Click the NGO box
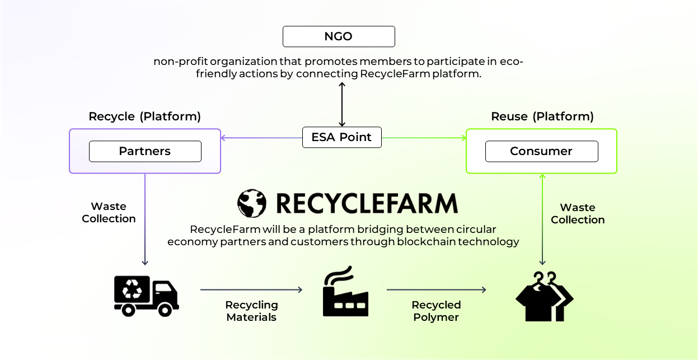[339, 36]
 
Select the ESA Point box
[341, 137]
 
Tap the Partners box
[145, 151]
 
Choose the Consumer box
[541, 151]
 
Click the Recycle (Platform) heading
[144, 116]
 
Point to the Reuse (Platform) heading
[542, 116]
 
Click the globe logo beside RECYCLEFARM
[251, 203]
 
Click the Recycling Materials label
[251, 311]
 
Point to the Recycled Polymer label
[436, 311]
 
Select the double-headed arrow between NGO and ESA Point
[341, 104]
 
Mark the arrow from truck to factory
[251, 289]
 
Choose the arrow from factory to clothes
[436, 289]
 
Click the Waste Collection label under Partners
[109, 213]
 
